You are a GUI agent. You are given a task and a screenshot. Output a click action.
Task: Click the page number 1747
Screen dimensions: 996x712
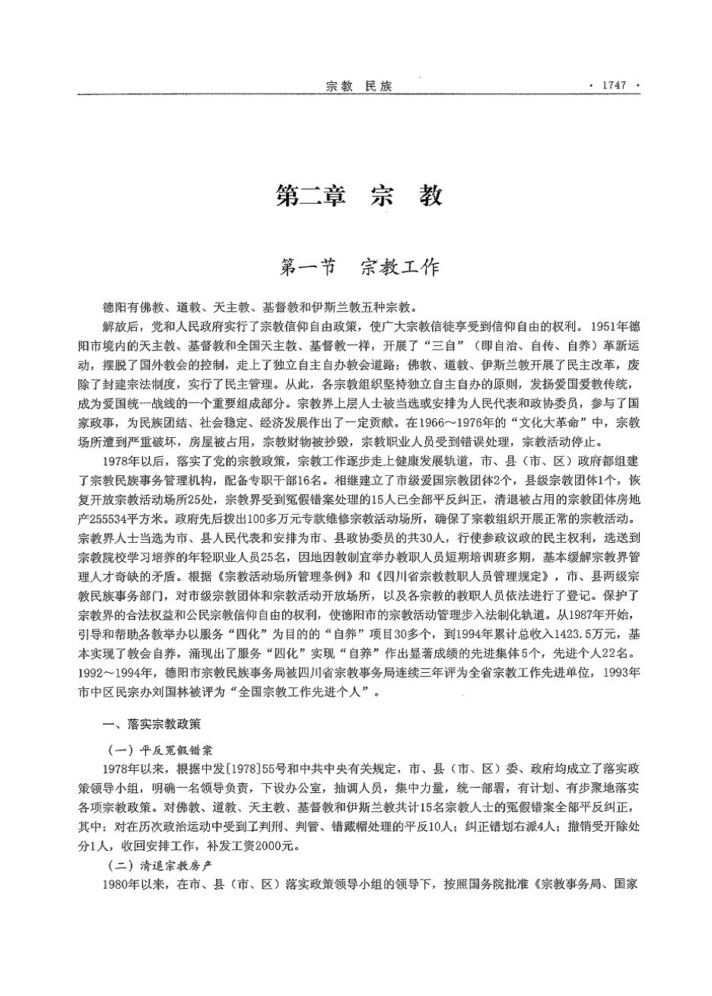coord(612,85)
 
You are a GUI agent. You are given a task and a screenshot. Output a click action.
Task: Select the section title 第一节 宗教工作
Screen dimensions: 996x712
coord(359,268)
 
